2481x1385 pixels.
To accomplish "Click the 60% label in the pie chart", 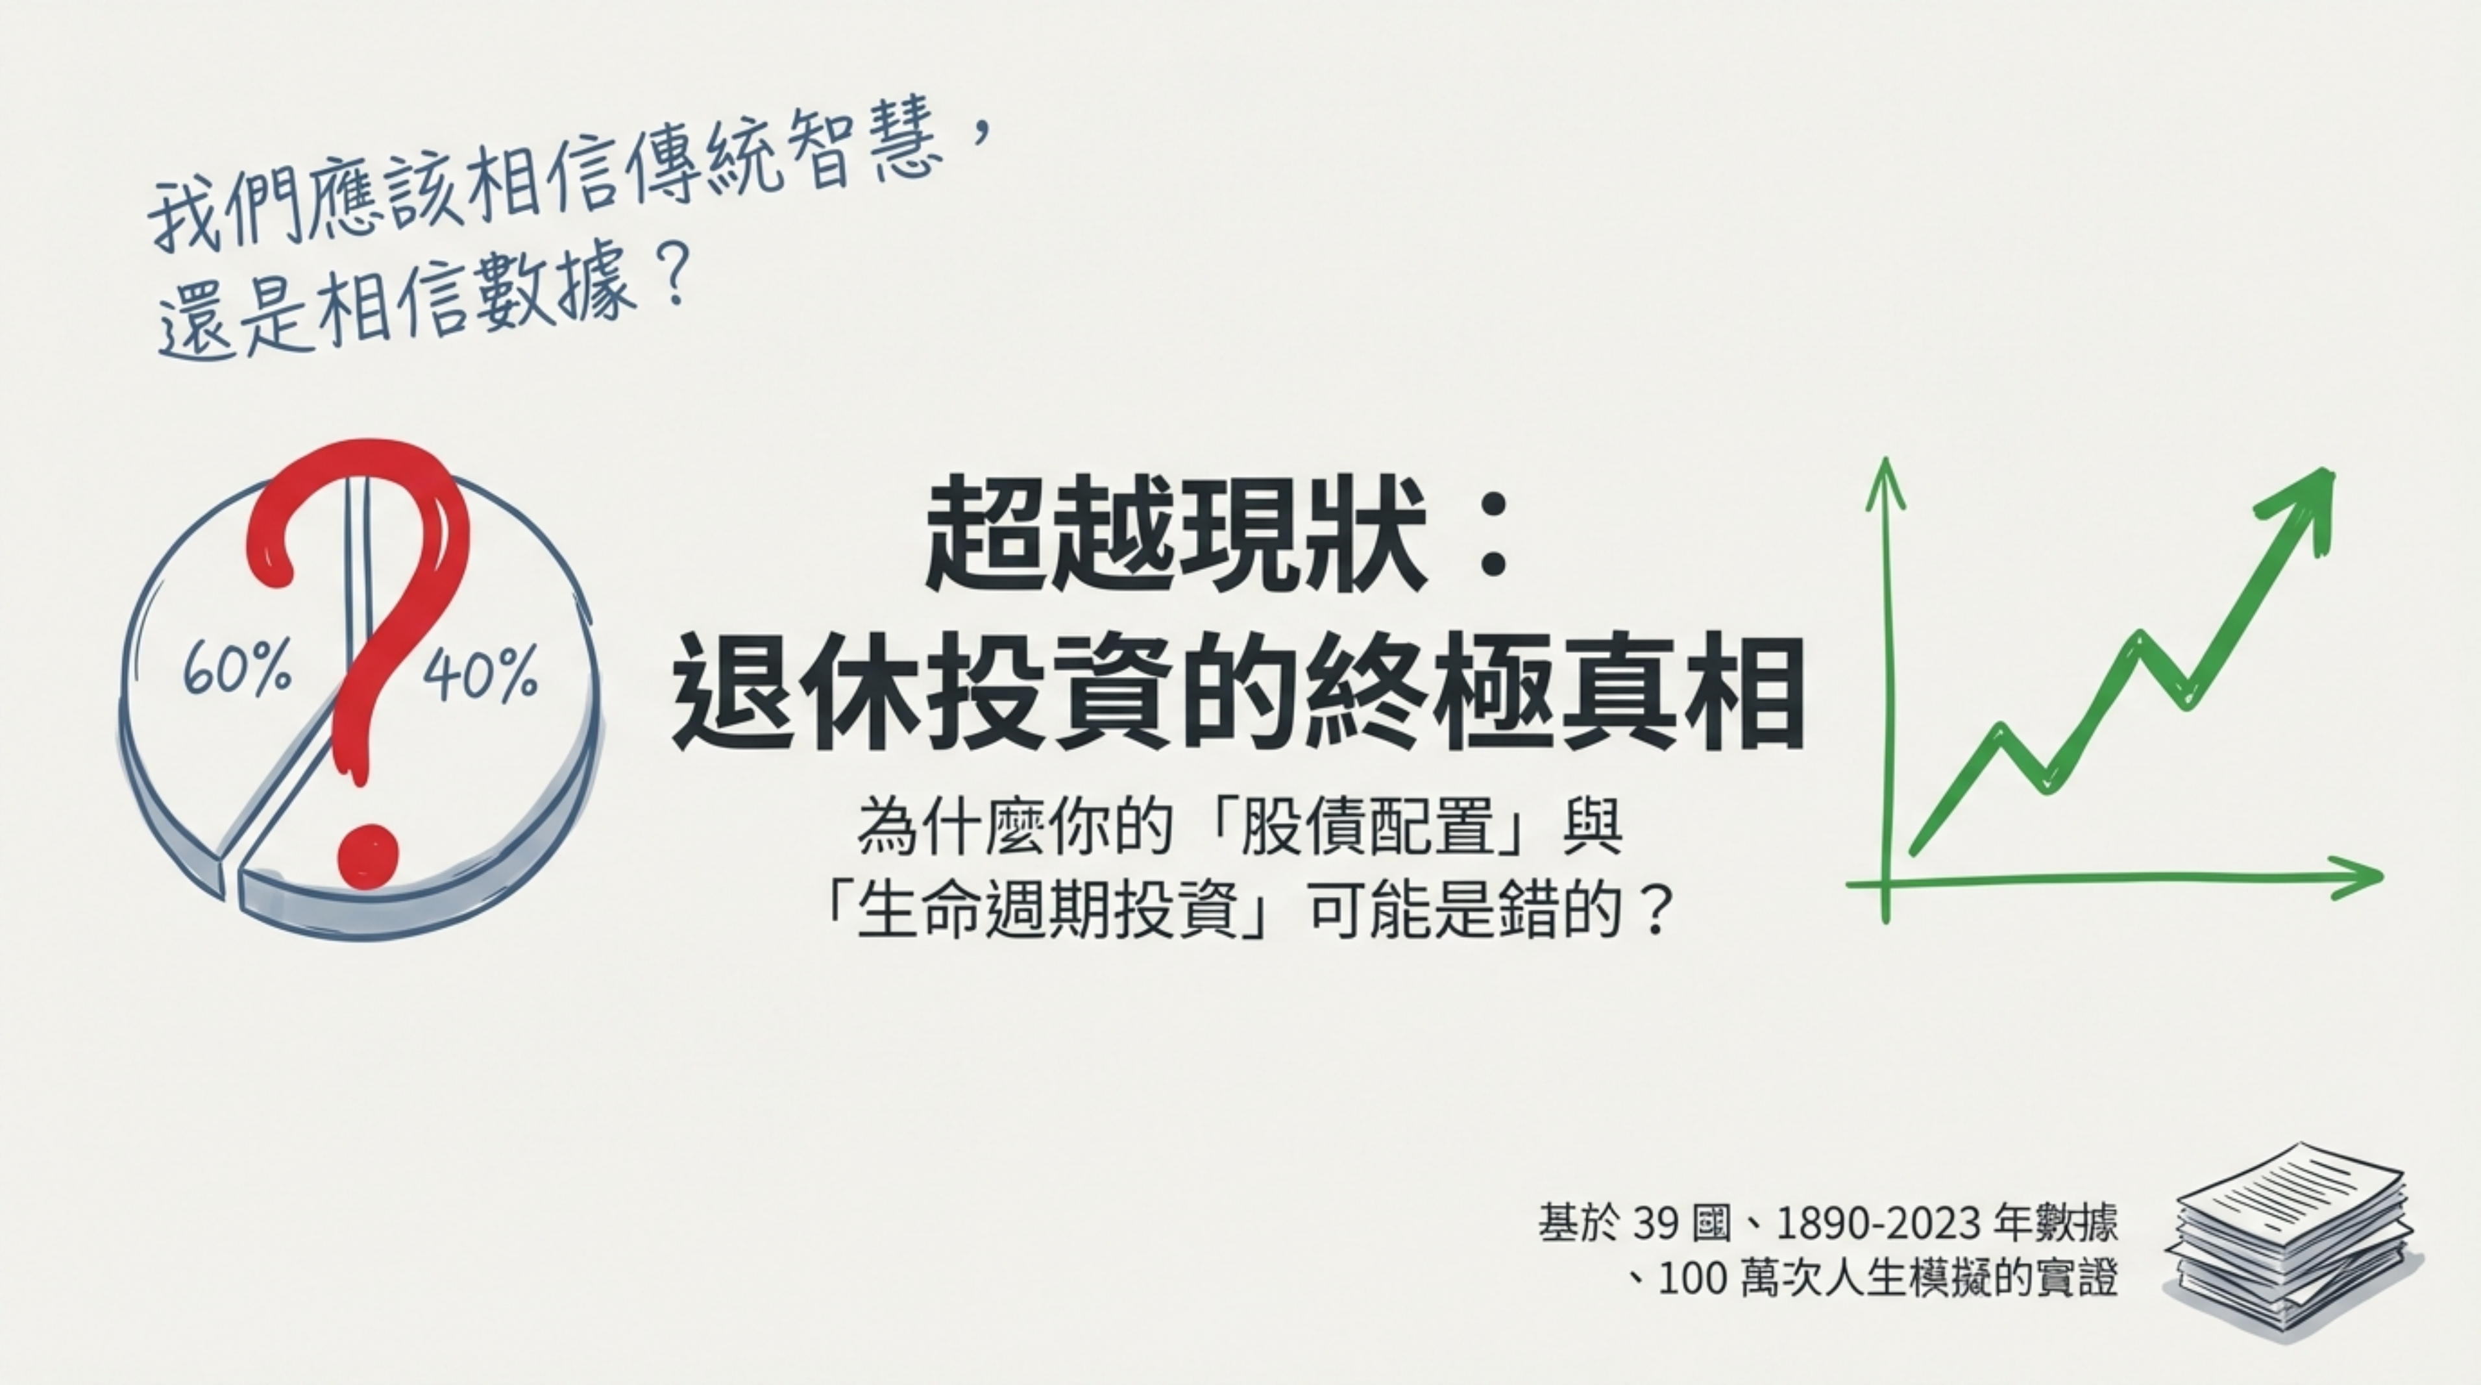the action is [x=237, y=667].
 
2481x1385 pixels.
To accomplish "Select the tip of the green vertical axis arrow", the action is [x=1885, y=460].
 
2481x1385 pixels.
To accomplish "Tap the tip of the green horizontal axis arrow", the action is [x=2381, y=876].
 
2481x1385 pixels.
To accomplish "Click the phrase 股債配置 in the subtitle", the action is [x=1367, y=827].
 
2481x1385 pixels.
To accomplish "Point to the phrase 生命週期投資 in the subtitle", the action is [x=1045, y=910].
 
